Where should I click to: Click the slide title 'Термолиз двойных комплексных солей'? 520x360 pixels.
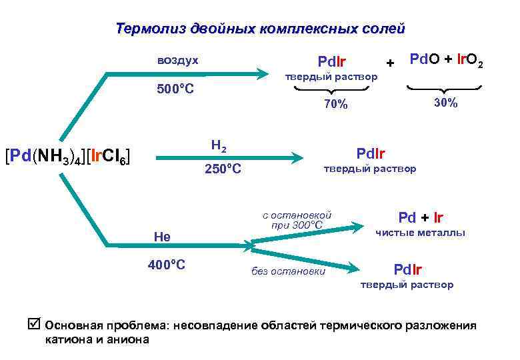pos(260,29)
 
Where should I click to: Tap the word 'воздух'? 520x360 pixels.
pos(177,60)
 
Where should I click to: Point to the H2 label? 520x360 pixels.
pos(218,144)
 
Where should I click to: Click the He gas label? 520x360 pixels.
pos(162,237)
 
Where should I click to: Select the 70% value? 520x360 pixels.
pos(335,104)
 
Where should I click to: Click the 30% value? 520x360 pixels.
pos(445,103)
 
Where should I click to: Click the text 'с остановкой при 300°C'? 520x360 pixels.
pos(297,220)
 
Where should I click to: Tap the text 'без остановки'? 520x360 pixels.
pos(288,271)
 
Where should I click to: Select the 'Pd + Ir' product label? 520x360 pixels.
pos(421,217)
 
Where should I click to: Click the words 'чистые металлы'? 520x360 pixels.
pos(421,233)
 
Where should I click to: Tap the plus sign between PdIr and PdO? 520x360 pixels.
pos(390,63)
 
